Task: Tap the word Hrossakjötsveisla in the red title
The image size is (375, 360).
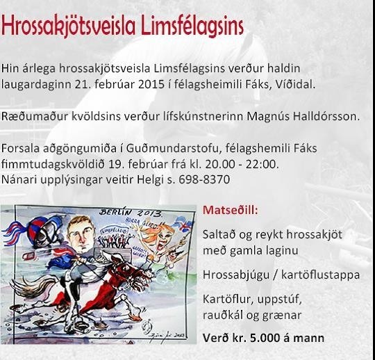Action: tap(68, 26)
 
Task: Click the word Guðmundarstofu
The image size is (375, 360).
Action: tap(172, 149)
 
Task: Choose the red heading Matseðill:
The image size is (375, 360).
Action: tap(231, 210)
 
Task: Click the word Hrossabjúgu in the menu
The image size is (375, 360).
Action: tap(236, 275)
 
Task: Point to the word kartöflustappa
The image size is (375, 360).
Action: tap(320, 275)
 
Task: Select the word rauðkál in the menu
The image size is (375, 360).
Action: tap(222, 315)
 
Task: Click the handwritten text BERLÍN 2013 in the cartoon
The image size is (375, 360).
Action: tap(131, 213)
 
